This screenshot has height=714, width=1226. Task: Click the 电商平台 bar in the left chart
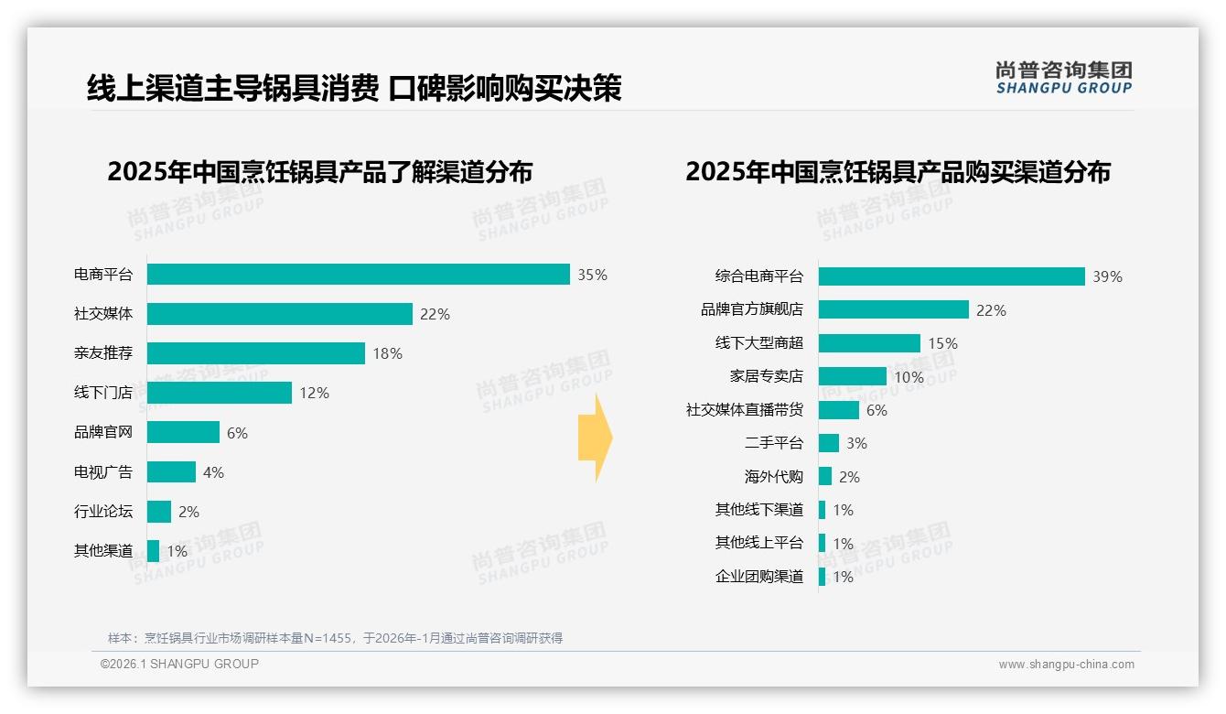(x=359, y=275)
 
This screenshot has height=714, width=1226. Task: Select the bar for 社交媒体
(x=279, y=314)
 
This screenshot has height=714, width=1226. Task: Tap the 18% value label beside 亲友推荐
(x=387, y=353)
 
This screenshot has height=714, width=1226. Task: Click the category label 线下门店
(x=102, y=393)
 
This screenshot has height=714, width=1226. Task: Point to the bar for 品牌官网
(x=183, y=432)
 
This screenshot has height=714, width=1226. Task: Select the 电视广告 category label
(x=102, y=472)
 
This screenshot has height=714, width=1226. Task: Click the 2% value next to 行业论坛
(x=188, y=512)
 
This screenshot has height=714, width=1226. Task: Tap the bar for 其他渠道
(x=153, y=551)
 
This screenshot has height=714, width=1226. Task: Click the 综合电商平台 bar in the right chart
(x=952, y=276)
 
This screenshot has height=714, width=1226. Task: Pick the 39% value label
(x=1107, y=276)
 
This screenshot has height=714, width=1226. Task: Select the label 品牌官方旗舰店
(x=751, y=309)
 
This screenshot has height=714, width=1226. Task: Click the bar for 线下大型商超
(x=869, y=343)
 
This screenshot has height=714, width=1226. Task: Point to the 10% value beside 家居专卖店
(x=909, y=377)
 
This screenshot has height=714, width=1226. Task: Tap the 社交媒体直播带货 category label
(x=744, y=410)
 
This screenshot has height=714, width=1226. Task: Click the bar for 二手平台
(x=829, y=443)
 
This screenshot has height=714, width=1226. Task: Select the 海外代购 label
(x=773, y=477)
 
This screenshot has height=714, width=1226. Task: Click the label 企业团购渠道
(x=758, y=577)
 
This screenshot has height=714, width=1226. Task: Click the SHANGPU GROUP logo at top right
(x=1063, y=78)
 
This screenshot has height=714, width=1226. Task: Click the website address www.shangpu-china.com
(x=1066, y=665)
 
